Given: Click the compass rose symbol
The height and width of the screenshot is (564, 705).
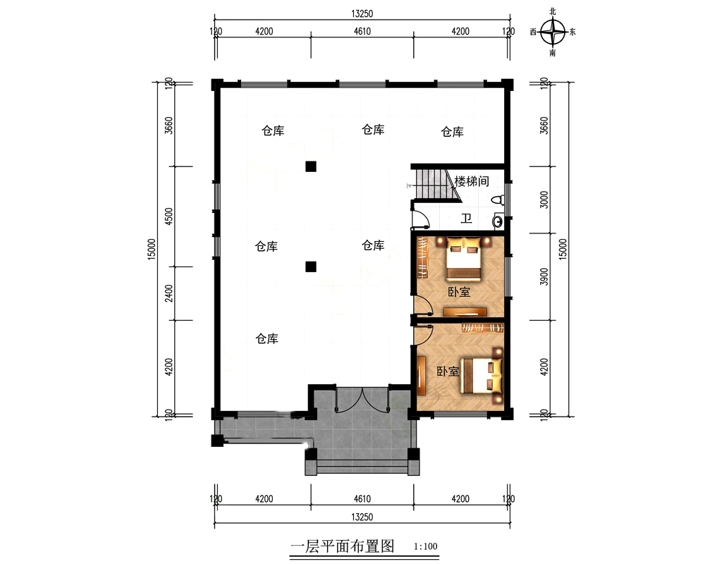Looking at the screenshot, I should [553, 32].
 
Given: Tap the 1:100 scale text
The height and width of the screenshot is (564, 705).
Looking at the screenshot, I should [427, 546].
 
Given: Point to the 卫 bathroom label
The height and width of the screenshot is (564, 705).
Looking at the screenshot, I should [466, 218].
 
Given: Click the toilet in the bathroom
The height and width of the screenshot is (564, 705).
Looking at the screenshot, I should [499, 200].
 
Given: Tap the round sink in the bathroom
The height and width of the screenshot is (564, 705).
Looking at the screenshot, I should [498, 222].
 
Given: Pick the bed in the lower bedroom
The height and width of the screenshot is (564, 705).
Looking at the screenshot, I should [484, 374].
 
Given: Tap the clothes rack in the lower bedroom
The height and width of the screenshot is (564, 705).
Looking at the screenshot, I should [483, 328].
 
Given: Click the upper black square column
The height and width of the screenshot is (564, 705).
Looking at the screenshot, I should [310, 166].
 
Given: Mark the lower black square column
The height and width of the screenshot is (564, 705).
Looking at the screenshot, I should [310, 266].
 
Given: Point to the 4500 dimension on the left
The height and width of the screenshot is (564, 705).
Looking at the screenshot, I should [168, 217].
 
